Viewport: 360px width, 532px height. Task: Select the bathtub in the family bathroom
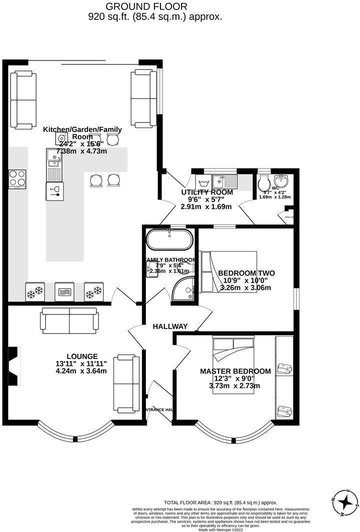coord(169,240)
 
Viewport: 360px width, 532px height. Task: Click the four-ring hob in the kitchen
coord(17,179)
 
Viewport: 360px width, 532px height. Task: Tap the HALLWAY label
coord(170,326)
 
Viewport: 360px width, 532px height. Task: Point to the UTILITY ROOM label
coord(207,192)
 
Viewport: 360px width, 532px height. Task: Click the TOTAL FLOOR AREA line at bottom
coord(220,502)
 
